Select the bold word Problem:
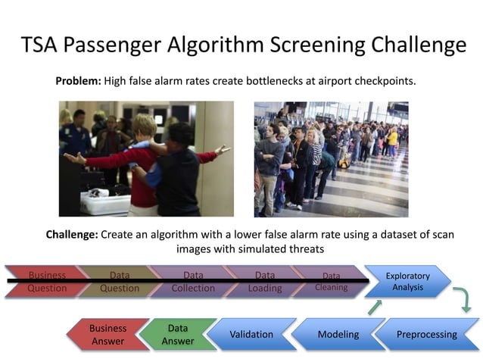click(x=78, y=80)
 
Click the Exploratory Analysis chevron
click(x=407, y=282)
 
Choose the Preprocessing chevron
click(x=426, y=334)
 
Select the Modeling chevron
click(x=338, y=334)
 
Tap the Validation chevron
click(x=251, y=334)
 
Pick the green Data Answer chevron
click(x=177, y=335)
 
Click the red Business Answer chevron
click(x=108, y=335)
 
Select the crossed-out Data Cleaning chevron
click(x=330, y=282)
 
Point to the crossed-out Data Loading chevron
click(x=264, y=282)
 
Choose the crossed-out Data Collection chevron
click(x=192, y=282)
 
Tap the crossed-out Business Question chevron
click(x=47, y=282)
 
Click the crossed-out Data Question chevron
click(x=119, y=282)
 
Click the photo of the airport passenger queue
click(x=331, y=159)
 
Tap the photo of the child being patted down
click(x=146, y=159)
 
